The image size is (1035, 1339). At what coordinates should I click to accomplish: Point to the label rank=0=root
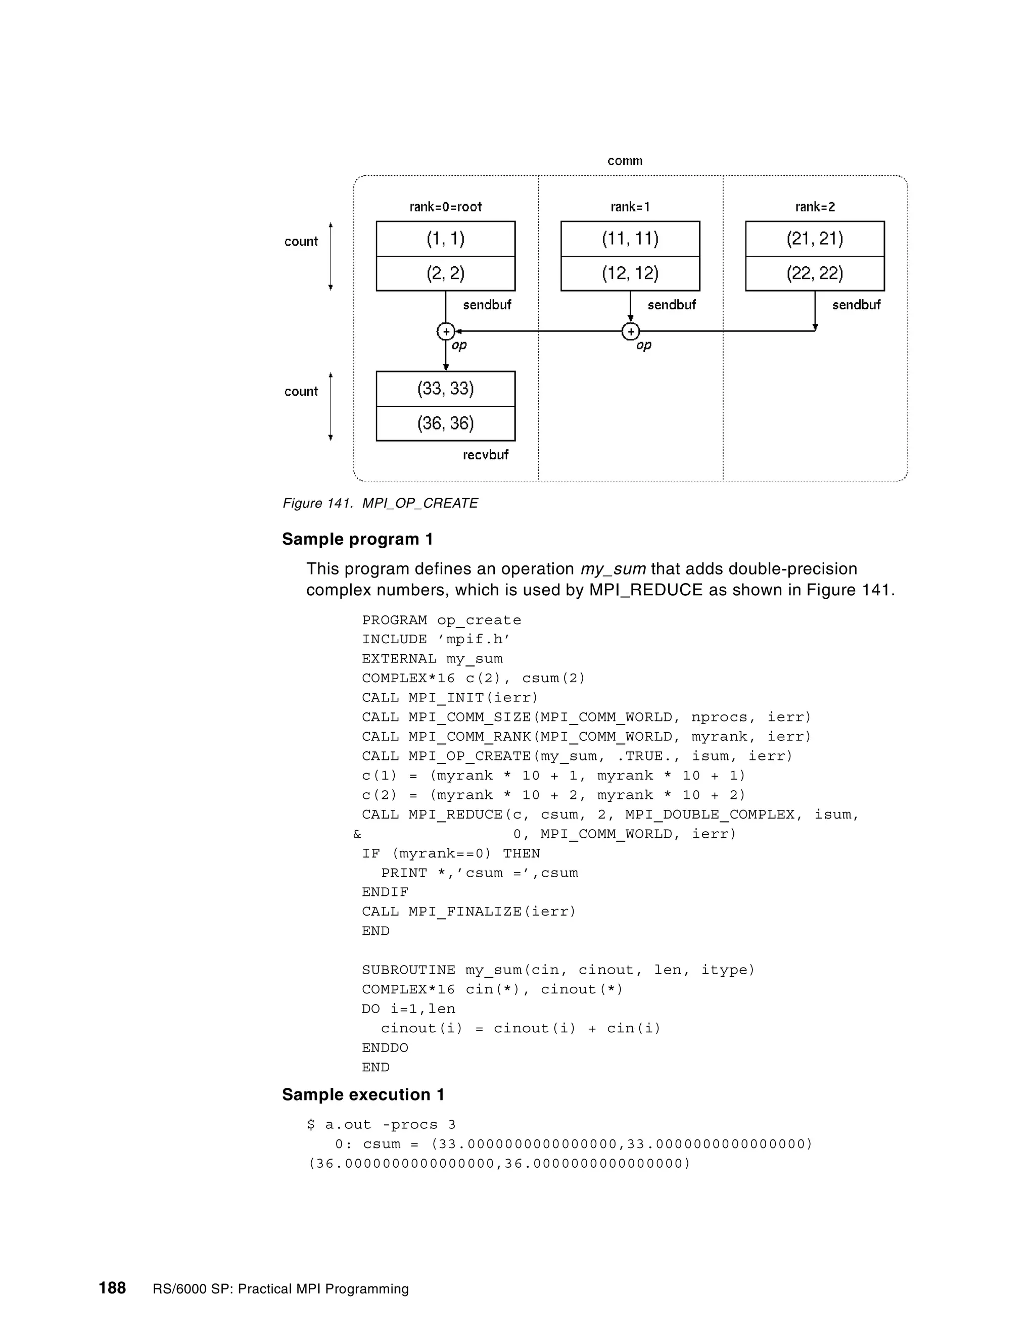click(x=445, y=207)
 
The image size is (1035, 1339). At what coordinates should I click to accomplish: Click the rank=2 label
click(x=815, y=207)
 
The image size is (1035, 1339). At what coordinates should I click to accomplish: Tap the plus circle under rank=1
click(x=630, y=331)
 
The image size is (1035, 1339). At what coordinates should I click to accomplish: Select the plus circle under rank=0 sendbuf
click(x=446, y=331)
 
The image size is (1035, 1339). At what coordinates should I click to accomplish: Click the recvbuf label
click(x=486, y=455)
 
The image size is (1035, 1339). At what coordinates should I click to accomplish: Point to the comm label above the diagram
click(x=625, y=161)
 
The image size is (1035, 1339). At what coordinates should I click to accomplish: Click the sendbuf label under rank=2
click(x=856, y=305)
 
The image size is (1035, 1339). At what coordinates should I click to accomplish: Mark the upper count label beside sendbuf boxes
click(x=301, y=242)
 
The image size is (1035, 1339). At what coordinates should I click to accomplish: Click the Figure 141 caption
click(x=380, y=503)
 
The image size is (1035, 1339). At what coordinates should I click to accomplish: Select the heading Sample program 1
click(x=357, y=540)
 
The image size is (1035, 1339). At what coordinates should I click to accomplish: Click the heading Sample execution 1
click(x=363, y=1095)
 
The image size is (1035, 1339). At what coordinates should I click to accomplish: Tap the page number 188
click(x=112, y=1288)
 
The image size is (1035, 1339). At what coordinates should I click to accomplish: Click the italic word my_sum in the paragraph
click(x=613, y=569)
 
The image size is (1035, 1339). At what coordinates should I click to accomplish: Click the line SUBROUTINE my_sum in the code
click(x=557, y=970)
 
